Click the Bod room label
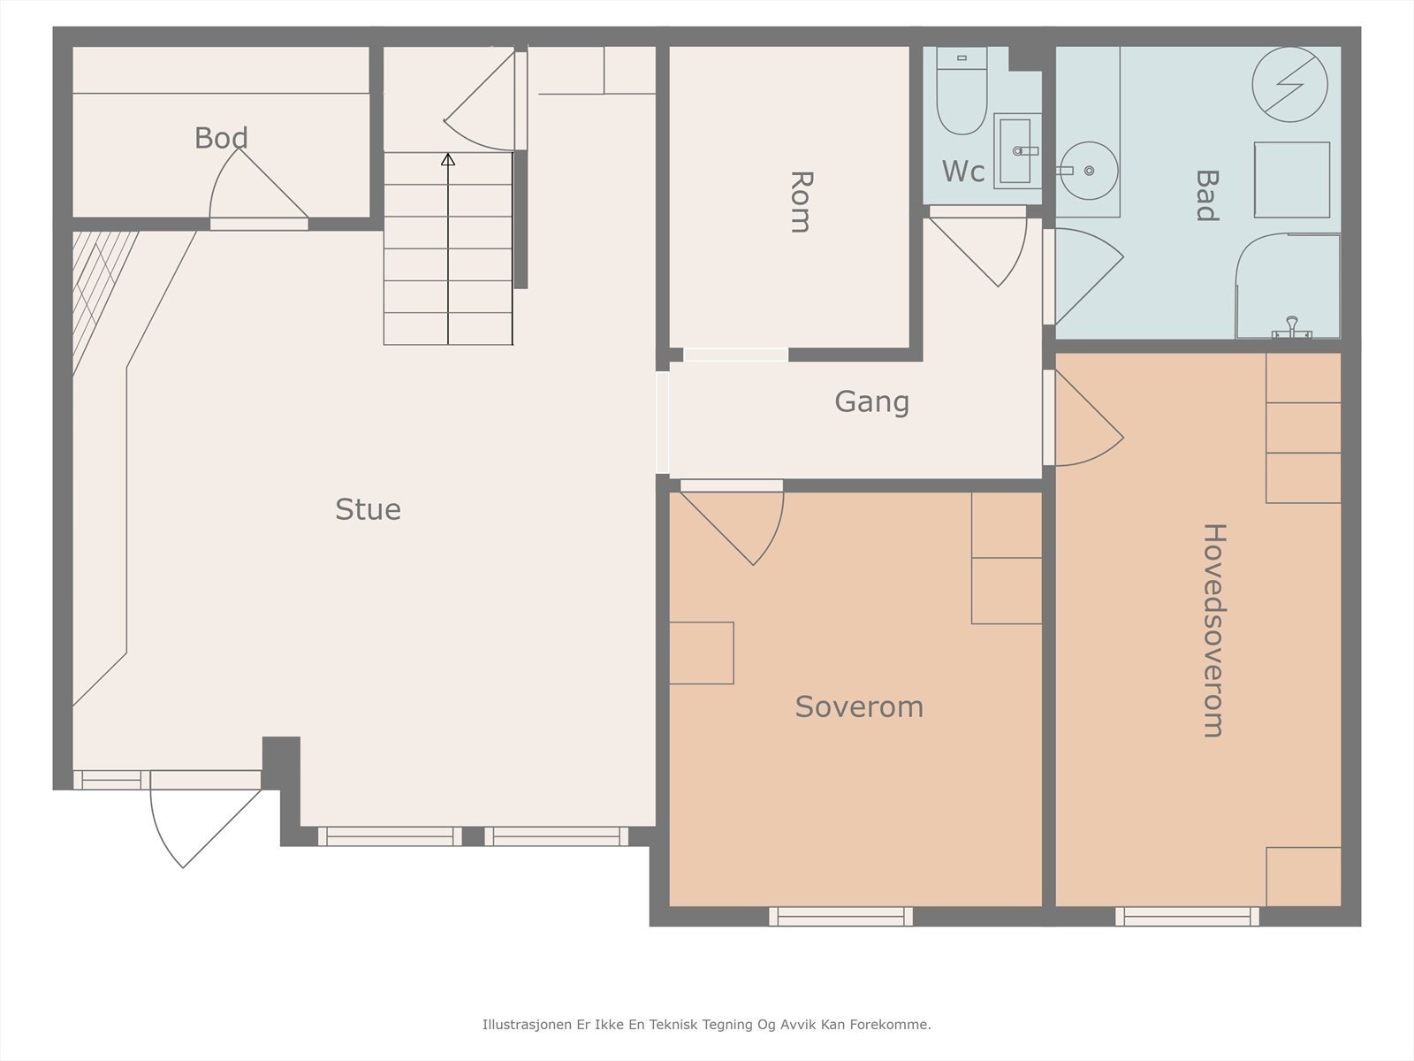[221, 138]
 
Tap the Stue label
[368, 509]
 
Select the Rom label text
[801, 202]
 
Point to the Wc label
[963, 172]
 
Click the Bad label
[1206, 195]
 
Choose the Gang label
[871, 402]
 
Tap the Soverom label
[859, 706]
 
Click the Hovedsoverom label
[1214, 630]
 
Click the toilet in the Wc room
[962, 91]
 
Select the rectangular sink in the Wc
[1017, 151]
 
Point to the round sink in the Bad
[1090, 171]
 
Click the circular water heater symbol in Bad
[1289, 84]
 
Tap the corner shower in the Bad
[1288, 286]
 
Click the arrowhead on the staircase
[448, 159]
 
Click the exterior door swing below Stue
[206, 828]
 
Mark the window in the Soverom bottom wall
[840, 916]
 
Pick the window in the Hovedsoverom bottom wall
[1187, 916]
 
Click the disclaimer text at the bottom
[707, 1025]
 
